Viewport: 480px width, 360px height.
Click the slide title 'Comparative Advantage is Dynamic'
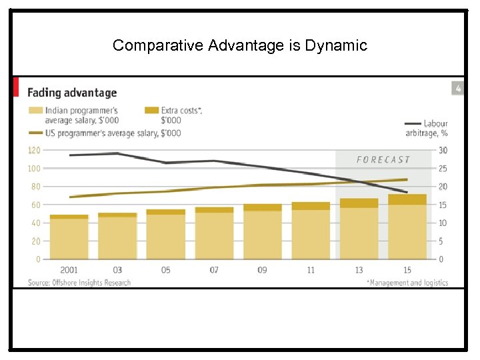239,45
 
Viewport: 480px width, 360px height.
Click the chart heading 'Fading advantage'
71,93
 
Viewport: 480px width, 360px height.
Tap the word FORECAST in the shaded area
383,160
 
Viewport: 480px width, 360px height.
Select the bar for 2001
69,237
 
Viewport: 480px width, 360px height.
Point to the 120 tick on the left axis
34,151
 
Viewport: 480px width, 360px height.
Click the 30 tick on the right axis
443,151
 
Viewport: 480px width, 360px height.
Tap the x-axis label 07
214,270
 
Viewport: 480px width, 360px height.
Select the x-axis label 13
359,270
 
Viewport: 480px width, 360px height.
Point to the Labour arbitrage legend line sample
412,123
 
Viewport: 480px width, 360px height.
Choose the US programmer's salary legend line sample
34,133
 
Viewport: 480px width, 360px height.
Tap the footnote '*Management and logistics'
407,283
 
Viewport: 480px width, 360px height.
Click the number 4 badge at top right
457,88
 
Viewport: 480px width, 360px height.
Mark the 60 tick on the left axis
35,205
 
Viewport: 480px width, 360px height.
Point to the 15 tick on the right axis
443,205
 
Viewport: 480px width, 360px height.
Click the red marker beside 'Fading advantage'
16,87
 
